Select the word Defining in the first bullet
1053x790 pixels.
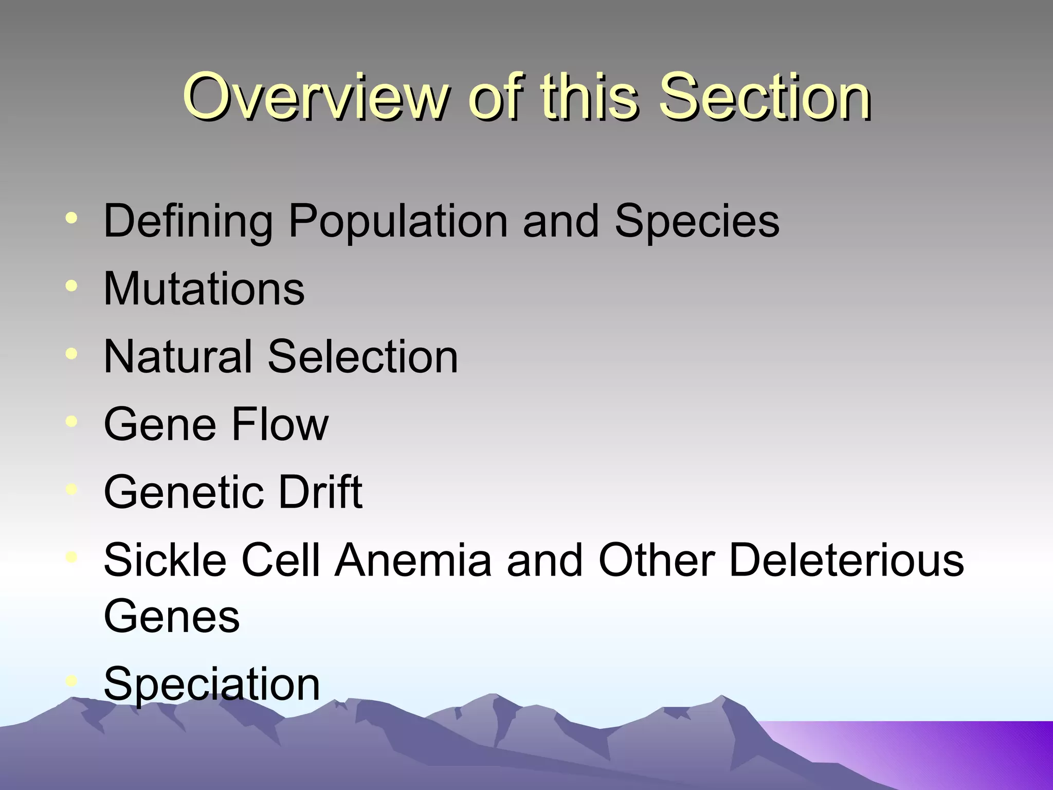click(188, 221)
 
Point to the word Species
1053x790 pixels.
click(697, 221)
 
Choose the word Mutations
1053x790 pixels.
click(204, 289)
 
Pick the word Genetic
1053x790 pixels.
click(183, 492)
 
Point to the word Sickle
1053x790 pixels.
click(165, 560)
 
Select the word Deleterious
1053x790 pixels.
click(846, 560)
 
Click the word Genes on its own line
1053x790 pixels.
click(172, 616)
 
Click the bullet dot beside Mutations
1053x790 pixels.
click(72, 285)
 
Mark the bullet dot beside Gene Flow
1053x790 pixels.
click(72, 421)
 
